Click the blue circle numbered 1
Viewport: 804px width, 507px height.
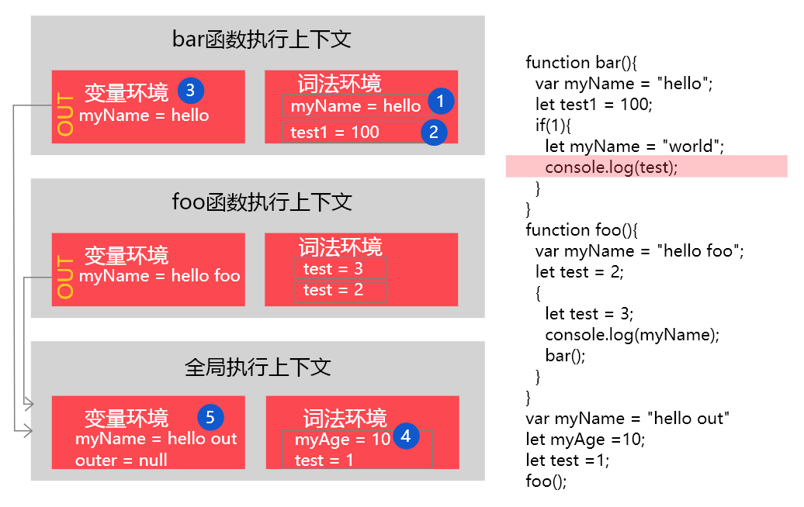pos(441,101)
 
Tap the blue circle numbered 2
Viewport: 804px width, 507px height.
pos(434,132)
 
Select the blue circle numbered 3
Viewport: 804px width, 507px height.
pos(191,91)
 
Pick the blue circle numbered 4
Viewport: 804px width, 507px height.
pos(406,436)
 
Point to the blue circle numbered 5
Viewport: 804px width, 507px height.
pos(210,417)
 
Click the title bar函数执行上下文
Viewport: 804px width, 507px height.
pos(262,40)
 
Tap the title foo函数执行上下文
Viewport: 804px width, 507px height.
pos(262,202)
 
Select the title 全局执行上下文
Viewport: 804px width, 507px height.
pos(258,367)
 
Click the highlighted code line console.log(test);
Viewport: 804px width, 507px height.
pos(612,167)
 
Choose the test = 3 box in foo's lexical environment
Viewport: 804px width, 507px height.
pos(341,268)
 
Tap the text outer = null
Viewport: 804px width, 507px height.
pos(121,460)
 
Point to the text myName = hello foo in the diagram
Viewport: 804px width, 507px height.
pos(159,276)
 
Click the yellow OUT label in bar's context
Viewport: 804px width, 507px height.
pos(65,114)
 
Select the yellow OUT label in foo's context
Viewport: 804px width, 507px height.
pos(65,277)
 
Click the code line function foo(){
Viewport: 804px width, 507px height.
pos(581,230)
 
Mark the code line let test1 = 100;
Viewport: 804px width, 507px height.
pos(594,105)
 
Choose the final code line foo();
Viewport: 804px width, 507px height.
pos(546,481)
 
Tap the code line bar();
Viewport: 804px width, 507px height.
pos(565,355)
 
